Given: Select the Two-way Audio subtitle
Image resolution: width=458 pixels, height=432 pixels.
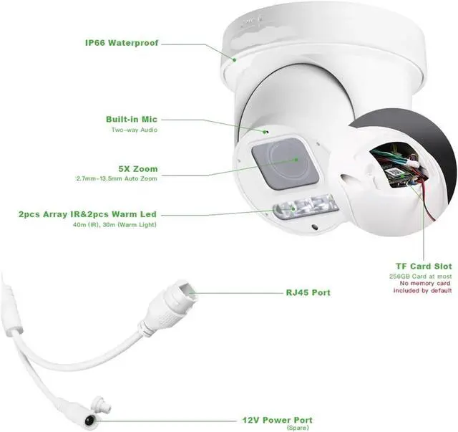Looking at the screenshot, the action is [x=134, y=130].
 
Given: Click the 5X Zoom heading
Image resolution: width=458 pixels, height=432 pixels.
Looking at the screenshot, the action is [x=138, y=168].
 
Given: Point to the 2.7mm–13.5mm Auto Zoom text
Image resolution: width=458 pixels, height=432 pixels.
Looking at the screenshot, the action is [x=117, y=178].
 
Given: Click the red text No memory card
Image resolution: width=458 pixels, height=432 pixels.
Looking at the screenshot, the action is [x=424, y=284].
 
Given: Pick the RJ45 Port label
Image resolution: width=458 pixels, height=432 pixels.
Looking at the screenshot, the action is [x=308, y=292].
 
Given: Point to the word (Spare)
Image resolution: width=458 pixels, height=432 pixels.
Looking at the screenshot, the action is [x=296, y=428].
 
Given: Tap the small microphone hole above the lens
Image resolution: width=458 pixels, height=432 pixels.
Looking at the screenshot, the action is [x=265, y=131].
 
